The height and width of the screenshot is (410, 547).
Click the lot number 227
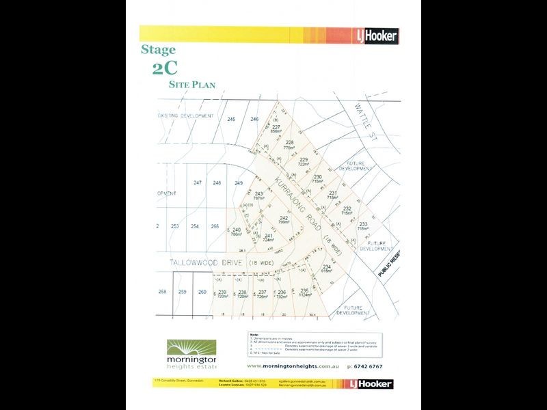pos(276,127)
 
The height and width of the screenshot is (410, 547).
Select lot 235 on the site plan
pos(305,291)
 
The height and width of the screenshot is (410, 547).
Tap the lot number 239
pos(222,292)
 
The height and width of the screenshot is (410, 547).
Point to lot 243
pos(258,194)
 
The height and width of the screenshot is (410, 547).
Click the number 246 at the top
pos(254,120)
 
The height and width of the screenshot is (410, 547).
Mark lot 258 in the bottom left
pos(162,292)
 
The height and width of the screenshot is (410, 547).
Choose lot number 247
pos(198,182)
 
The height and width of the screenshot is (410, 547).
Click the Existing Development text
pos(185,116)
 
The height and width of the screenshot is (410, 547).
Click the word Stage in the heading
pos(158,50)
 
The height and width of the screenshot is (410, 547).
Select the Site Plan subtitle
pos(192,85)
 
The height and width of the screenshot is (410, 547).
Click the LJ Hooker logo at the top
pos(375,36)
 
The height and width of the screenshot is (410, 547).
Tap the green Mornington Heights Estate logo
pos(191,353)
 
